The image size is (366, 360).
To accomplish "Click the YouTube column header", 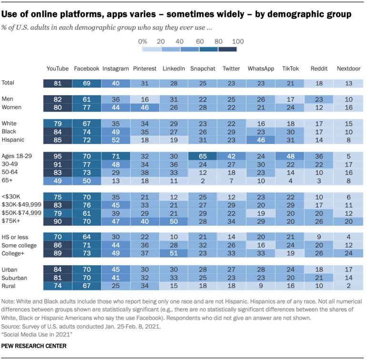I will tap(58, 69).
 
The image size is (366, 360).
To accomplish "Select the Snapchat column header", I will tap(202, 69).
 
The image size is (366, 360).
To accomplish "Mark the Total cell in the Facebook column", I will tap(87, 83).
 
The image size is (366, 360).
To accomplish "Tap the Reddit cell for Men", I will tap(318, 100).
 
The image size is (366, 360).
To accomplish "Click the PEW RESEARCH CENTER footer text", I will tap(33, 345).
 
